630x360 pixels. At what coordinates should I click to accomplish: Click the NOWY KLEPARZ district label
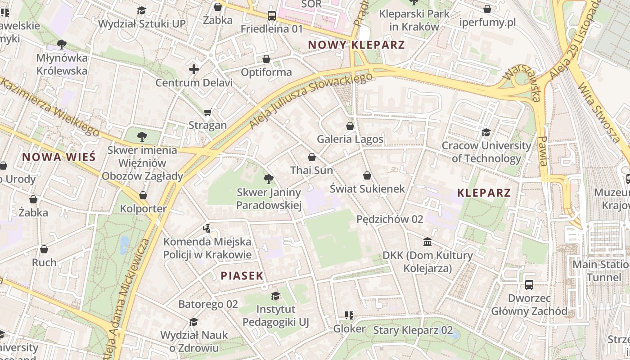356,45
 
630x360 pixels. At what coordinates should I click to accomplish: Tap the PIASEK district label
242,276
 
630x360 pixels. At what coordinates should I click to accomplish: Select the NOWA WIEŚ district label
59,157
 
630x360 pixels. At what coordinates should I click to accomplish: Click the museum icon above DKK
427,242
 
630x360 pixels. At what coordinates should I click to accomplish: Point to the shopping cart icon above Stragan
207,112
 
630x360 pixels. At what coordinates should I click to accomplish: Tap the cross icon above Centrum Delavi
194,69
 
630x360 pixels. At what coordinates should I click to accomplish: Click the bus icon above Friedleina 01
272,15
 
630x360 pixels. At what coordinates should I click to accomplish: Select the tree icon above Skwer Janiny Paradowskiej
269,179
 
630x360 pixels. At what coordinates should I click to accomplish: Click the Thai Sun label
311,171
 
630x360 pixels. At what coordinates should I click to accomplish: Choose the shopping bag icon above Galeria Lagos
350,126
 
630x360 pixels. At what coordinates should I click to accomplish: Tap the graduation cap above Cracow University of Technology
486,132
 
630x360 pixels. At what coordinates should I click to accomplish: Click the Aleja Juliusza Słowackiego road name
311,100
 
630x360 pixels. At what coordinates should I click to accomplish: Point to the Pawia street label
543,151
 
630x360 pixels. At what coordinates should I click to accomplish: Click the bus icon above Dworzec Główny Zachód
529,285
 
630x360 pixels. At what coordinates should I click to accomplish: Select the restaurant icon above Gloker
349,315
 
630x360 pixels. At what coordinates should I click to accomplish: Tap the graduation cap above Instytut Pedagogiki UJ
275,296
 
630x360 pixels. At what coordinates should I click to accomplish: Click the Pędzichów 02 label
390,219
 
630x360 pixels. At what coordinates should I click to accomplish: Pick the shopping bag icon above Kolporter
143,195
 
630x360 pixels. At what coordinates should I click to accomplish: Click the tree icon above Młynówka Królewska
62,44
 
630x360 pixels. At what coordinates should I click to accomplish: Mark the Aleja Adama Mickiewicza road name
129,297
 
